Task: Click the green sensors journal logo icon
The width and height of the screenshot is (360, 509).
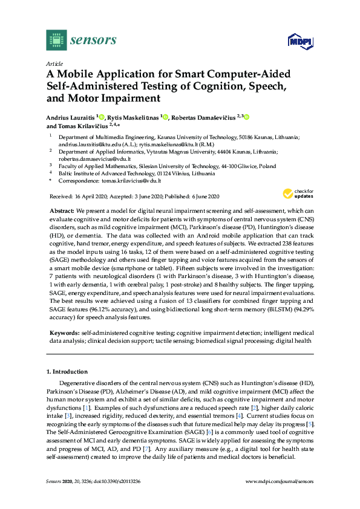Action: click(56, 41)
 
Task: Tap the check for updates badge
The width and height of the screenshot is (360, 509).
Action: click(296, 194)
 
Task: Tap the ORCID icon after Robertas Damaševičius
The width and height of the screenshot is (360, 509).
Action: click(246, 117)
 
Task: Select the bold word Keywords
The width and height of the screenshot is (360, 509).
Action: click(64, 333)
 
